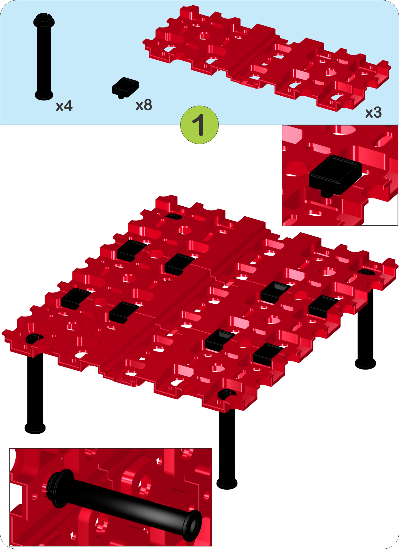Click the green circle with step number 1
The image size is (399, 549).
tap(199, 125)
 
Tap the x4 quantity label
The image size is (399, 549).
tap(64, 106)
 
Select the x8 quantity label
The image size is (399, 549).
tap(144, 105)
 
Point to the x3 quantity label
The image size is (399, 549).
tap(373, 113)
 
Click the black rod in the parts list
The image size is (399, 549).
tap(44, 56)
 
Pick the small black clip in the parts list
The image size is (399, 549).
tap(125, 87)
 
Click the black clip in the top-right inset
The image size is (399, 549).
tap(335, 175)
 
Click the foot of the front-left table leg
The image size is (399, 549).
tap(35, 428)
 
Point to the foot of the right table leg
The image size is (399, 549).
tap(365, 363)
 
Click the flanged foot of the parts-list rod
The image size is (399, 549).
tap(44, 95)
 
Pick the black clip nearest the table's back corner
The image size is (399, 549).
tap(131, 250)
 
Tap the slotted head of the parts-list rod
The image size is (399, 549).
tap(44, 20)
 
